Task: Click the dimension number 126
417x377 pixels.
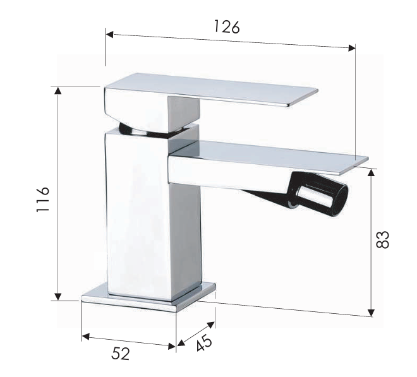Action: click(226, 27)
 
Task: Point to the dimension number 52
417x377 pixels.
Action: click(121, 354)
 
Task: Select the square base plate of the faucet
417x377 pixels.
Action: click(149, 297)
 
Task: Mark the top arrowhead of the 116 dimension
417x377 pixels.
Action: click(58, 90)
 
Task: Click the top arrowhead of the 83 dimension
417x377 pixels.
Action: click(372, 172)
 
